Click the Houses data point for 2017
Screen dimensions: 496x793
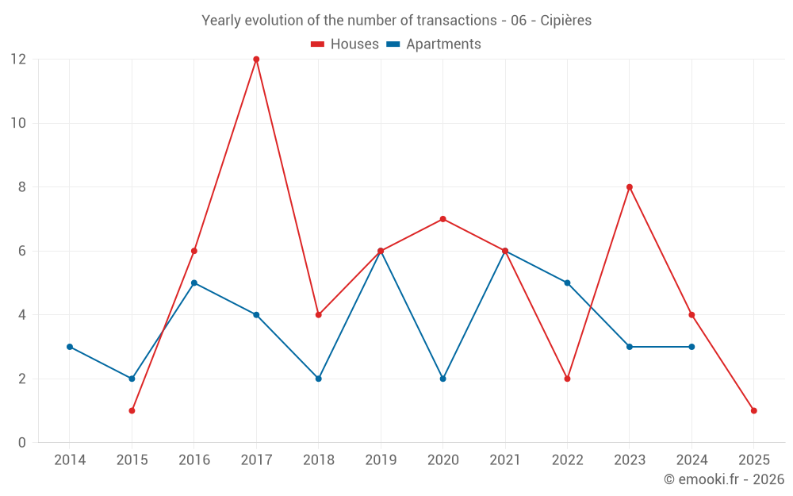click(256, 60)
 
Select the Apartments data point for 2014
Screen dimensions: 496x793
click(70, 347)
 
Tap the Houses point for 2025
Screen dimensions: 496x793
click(753, 410)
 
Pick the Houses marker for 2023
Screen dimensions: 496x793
click(630, 187)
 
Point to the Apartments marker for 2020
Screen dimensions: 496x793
click(442, 379)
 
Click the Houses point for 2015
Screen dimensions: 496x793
click(132, 410)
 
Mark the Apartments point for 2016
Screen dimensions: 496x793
click(194, 283)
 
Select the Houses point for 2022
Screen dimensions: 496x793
click(567, 379)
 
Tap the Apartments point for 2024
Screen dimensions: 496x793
click(691, 347)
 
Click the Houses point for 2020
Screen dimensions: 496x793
click(442, 219)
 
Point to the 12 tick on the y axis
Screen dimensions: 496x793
click(18, 60)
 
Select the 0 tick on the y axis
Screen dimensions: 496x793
click(22, 443)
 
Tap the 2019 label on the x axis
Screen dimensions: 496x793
click(381, 460)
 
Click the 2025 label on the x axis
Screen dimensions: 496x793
click(753, 460)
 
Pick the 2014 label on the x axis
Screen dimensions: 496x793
click(70, 460)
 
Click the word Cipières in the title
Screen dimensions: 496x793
click(566, 21)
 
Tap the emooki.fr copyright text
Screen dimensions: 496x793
click(724, 479)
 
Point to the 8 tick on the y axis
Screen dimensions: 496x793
click(22, 187)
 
